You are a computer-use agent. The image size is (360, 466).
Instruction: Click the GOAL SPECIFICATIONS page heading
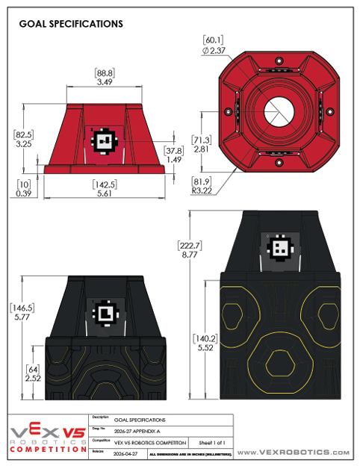click(70, 24)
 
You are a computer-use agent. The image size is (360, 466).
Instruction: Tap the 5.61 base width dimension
click(104, 193)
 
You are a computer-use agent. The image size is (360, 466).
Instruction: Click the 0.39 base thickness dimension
click(24, 193)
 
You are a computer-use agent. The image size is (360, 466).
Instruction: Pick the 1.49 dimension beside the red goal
click(173, 159)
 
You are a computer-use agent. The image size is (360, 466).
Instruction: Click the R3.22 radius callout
click(204, 190)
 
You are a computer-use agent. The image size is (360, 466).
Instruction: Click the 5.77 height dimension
click(24, 317)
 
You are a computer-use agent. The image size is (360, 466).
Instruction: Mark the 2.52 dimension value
click(32, 378)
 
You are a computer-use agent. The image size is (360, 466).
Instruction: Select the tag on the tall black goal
click(280, 248)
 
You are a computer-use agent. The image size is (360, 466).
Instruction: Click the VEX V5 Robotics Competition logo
click(46, 438)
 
